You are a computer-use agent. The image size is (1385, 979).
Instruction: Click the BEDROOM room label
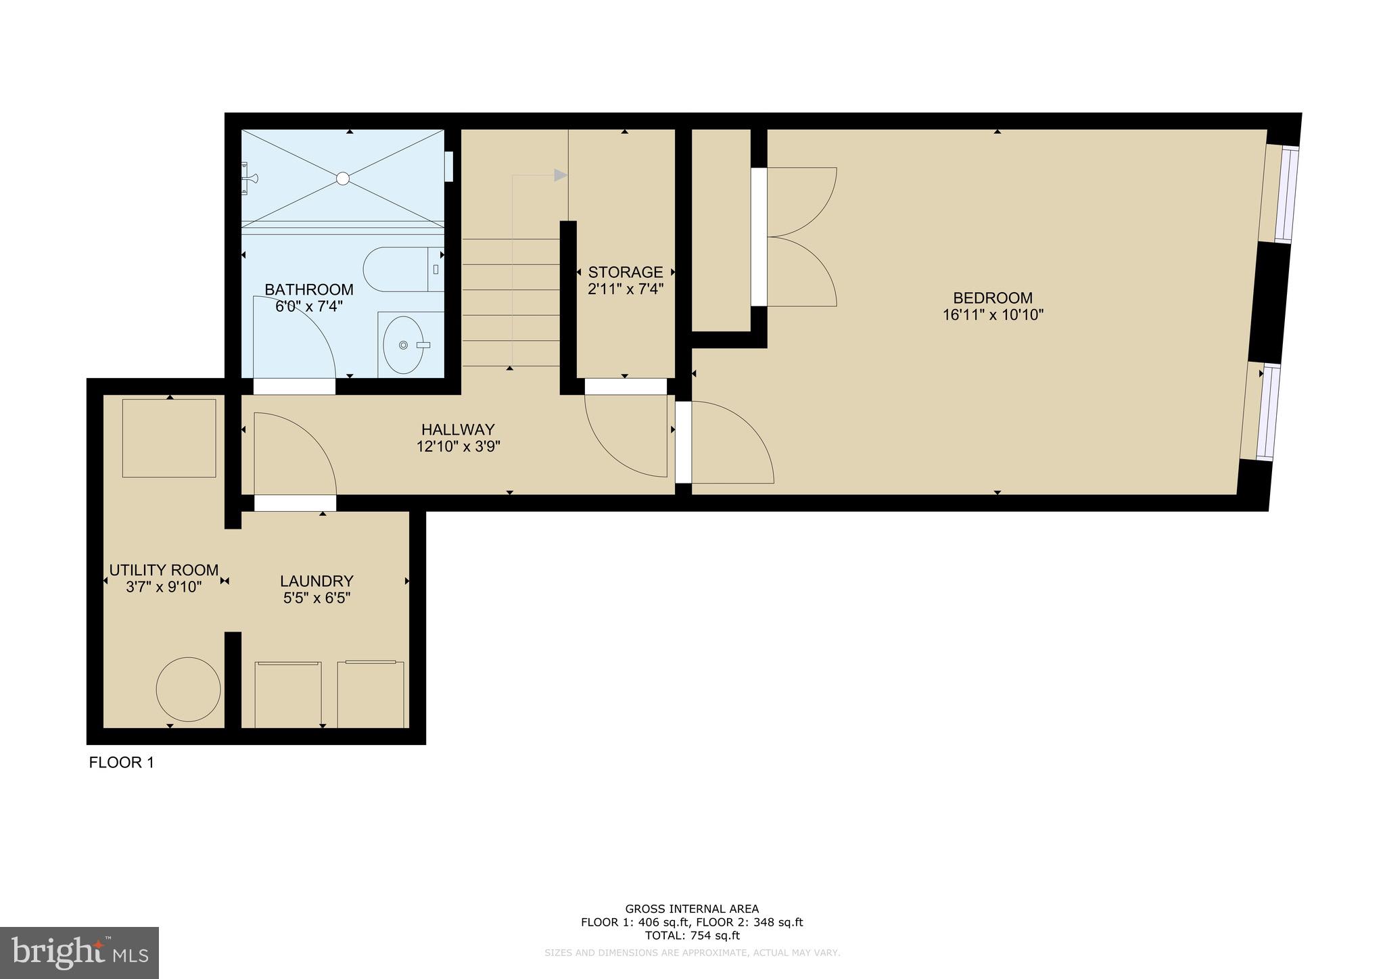coord(992,297)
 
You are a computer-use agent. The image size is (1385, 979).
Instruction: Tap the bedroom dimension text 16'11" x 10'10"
coord(993,315)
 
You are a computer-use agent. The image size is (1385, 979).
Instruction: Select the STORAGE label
coord(625,272)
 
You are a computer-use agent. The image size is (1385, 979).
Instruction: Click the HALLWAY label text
coord(458,429)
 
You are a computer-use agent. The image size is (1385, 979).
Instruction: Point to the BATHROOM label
coord(308,289)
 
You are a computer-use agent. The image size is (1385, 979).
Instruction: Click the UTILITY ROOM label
coord(164,570)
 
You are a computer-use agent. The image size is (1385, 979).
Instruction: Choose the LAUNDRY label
coord(316,581)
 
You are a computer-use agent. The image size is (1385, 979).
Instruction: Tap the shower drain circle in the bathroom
coord(343,178)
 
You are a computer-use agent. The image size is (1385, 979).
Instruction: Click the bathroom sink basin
coord(403,345)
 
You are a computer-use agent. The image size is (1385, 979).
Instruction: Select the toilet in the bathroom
coord(399,269)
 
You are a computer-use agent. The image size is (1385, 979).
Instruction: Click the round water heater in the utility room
coord(188,690)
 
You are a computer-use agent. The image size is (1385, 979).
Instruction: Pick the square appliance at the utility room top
coord(169,438)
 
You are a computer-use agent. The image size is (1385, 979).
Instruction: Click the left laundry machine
coord(288,694)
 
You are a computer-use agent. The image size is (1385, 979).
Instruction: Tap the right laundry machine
coord(371,694)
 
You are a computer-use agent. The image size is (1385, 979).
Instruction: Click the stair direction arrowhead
coord(560,175)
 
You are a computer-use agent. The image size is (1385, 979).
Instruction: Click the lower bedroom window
coord(1267,412)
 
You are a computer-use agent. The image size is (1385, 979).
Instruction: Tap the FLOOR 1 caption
coord(122,763)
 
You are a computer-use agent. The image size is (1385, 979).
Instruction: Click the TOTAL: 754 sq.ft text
coord(692,936)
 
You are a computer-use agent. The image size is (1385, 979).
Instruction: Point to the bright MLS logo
coord(79,953)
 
